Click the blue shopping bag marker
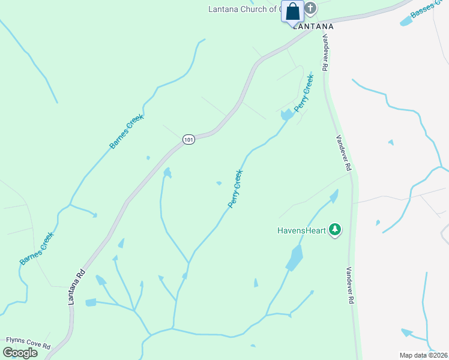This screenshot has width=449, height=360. coord(292,11)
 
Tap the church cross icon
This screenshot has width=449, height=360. coord(310,8)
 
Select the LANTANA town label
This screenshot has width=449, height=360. coord(312,26)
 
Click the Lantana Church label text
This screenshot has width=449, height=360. coord(243,9)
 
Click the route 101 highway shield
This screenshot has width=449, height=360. coord(189,139)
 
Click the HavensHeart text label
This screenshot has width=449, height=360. coord(301,230)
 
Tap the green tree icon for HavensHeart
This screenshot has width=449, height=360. coord(335,230)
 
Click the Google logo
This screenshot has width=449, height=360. coord(20,352)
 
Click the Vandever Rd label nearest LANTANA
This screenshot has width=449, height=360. coord(325,52)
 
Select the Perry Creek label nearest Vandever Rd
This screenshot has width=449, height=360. coord(304,92)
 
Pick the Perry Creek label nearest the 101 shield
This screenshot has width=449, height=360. coord(235,190)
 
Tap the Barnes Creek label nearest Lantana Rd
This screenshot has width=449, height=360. coord(37,248)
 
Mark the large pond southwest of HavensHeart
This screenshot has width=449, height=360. coord(294,258)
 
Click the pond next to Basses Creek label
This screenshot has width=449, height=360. coord(406,22)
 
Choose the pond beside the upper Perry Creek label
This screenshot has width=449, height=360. coord(286,114)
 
